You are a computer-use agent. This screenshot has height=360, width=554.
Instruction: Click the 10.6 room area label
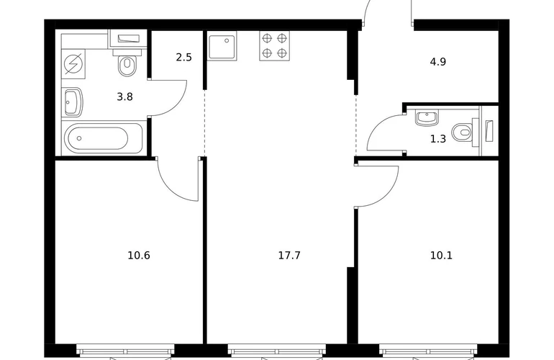[x=139, y=255]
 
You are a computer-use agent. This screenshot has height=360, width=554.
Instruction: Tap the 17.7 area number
[x=289, y=255]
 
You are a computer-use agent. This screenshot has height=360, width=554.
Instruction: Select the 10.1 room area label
[x=441, y=255]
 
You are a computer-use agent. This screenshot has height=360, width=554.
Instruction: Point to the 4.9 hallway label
[x=437, y=62]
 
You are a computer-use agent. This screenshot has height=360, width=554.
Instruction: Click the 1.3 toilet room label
[x=437, y=139]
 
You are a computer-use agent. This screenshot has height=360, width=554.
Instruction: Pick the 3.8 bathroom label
[x=124, y=96]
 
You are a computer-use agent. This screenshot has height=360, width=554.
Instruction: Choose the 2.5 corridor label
[x=183, y=57]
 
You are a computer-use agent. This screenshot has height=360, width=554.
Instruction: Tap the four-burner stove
[x=275, y=45]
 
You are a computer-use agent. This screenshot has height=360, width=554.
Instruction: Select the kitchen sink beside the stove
[x=222, y=46]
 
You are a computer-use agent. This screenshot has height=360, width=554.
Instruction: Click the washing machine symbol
[x=73, y=63]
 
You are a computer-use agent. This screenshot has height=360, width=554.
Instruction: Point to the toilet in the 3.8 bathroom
[x=127, y=62]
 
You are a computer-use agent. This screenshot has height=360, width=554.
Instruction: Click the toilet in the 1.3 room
[x=465, y=132]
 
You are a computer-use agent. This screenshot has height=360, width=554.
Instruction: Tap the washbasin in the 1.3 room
[x=427, y=118]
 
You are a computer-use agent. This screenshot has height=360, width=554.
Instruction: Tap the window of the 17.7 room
[x=277, y=351]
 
